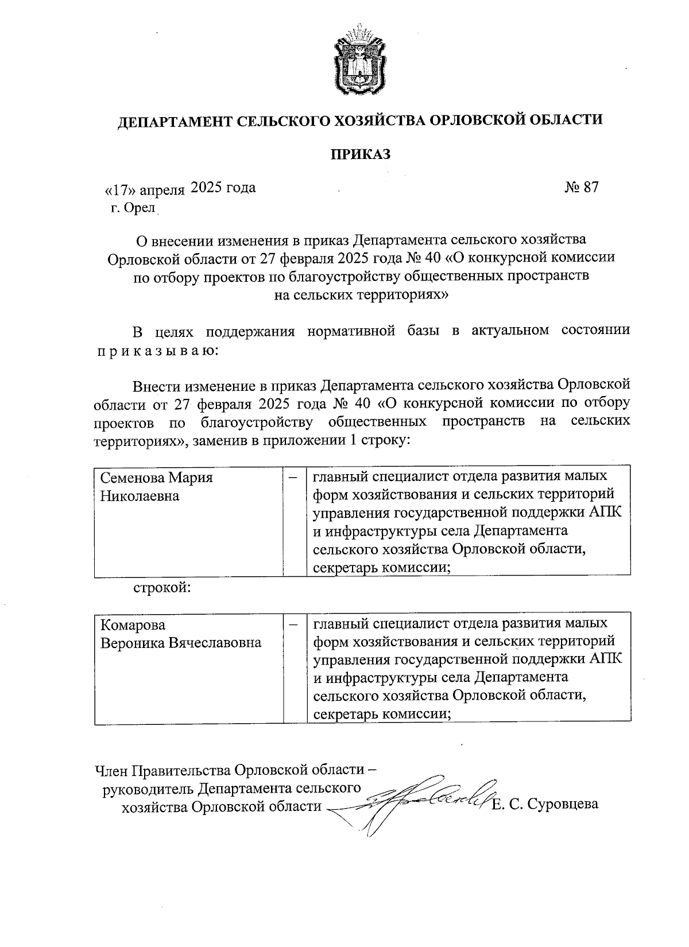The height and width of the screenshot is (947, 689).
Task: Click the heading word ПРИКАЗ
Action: [x=360, y=154]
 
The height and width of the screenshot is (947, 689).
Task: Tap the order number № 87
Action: [x=581, y=188]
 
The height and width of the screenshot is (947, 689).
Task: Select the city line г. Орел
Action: [x=133, y=208]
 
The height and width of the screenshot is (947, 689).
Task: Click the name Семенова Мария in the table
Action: [x=157, y=478]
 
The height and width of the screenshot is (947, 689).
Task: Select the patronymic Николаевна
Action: [x=140, y=496]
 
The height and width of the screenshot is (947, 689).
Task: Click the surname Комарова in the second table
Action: [x=133, y=625]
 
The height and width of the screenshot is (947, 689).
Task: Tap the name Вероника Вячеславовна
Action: [x=181, y=643]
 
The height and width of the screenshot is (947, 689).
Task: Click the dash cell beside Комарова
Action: [x=293, y=623]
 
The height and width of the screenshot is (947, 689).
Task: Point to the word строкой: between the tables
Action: [x=162, y=588]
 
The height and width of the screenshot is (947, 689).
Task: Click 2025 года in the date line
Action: [x=223, y=188]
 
